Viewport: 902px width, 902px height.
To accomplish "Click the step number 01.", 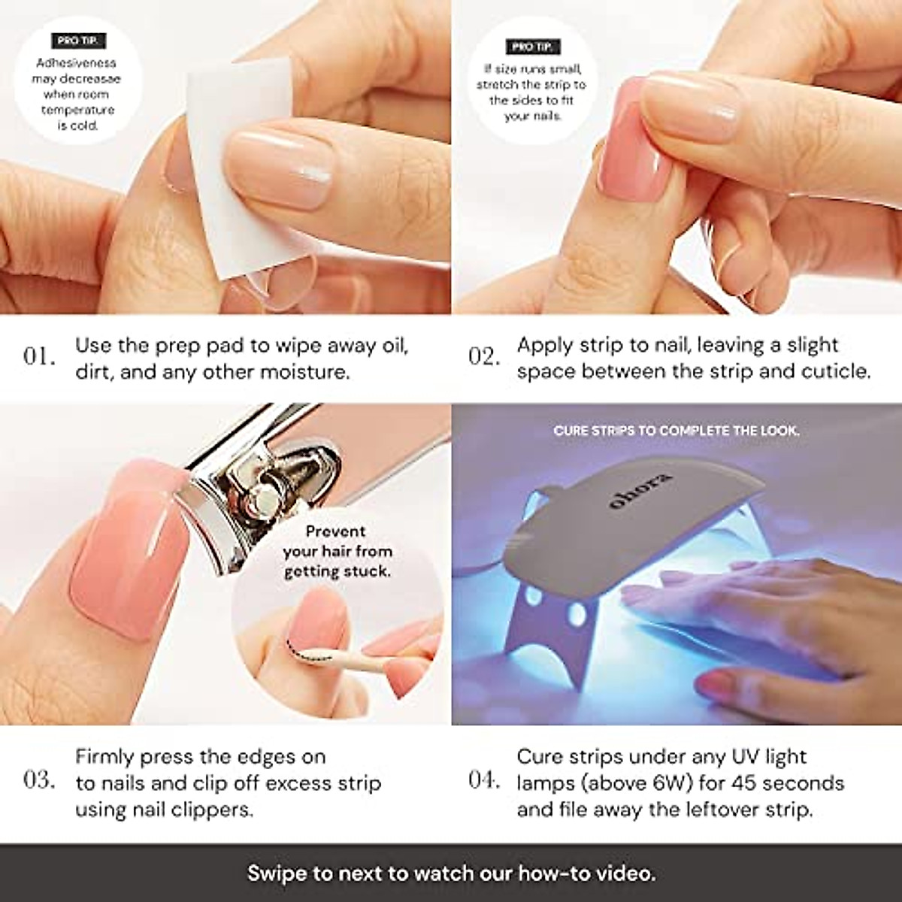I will [39, 356].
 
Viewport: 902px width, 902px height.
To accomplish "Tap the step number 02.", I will [484, 356].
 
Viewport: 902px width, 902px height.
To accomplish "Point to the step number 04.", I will [484, 779].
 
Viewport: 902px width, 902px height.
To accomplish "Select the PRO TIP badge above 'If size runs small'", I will [531, 47].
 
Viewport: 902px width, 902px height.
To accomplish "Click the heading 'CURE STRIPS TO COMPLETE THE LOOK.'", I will [676, 431].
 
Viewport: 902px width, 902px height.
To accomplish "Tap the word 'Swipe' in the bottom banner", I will [280, 873].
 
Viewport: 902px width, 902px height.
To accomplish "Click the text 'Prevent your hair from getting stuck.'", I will [337, 551].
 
